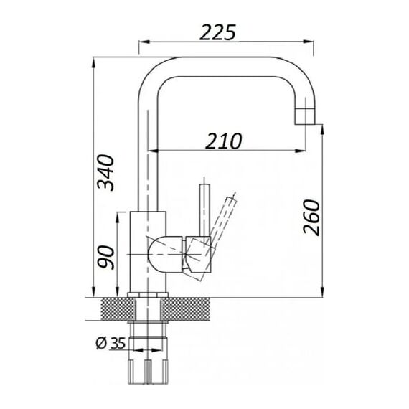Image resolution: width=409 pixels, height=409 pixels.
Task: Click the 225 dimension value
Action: point(218,32)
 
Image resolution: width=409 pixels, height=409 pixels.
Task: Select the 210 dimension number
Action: point(224,141)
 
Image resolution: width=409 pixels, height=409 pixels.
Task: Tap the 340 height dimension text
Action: point(105,172)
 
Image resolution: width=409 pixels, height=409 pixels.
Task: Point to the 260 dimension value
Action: point(311,217)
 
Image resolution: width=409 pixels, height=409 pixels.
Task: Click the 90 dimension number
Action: point(105,257)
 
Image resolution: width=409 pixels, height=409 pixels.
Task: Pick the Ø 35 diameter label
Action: point(111,343)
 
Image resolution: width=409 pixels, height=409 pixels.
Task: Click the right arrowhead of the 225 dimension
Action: point(309,42)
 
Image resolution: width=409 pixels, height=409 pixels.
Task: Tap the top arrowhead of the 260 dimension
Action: point(322,130)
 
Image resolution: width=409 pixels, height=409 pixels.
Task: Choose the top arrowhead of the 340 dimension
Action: point(93,62)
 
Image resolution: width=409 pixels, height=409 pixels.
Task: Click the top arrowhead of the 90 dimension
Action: point(118,218)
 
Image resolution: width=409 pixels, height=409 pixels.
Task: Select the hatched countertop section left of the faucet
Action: point(118,309)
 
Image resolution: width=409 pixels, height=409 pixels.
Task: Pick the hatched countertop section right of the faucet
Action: point(186,309)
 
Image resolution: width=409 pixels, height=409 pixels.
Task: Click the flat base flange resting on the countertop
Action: point(148,295)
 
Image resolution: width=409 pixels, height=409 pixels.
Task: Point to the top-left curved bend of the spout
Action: point(154,71)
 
